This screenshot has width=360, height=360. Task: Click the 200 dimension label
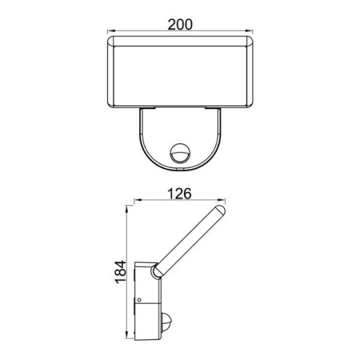(x=180, y=25)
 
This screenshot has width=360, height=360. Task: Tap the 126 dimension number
(x=179, y=194)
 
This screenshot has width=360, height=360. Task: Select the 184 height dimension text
(x=121, y=272)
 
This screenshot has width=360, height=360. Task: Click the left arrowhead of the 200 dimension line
(x=111, y=31)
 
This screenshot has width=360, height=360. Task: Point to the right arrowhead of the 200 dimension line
(x=249, y=31)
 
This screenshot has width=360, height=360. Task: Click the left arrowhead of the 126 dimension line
(x=138, y=200)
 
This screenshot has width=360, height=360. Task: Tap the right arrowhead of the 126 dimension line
(x=221, y=200)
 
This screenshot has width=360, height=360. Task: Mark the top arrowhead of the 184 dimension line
(x=126, y=209)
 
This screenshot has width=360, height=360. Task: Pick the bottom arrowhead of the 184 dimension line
(x=126, y=335)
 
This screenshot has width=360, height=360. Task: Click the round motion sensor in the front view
(x=179, y=152)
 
